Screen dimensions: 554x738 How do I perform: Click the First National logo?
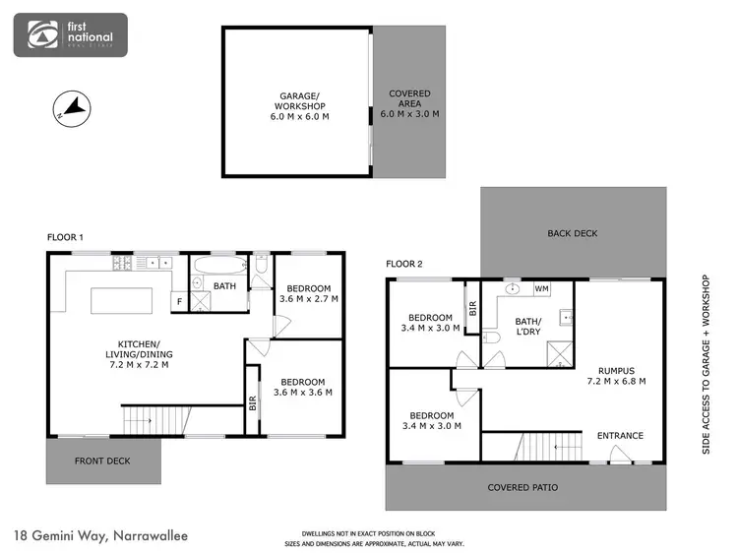[69, 34]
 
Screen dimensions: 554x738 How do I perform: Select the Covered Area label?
[409, 103]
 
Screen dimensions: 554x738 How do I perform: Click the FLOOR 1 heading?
[66, 238]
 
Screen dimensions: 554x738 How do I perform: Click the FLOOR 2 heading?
[403, 264]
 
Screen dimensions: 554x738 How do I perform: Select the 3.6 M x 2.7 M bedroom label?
[308, 291]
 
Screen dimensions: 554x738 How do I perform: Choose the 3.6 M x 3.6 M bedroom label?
[302, 387]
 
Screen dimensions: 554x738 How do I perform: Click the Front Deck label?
[102, 460]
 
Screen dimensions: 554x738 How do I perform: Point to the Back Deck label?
[573, 233]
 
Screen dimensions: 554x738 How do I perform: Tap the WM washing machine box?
[541, 289]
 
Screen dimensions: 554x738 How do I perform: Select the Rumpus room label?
[616, 375]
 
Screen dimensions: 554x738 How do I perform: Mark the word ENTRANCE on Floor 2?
[620, 436]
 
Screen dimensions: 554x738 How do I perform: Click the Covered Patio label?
[523, 487]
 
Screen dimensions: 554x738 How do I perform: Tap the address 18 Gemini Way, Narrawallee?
[101, 536]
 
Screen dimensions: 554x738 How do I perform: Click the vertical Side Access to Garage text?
[706, 364]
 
